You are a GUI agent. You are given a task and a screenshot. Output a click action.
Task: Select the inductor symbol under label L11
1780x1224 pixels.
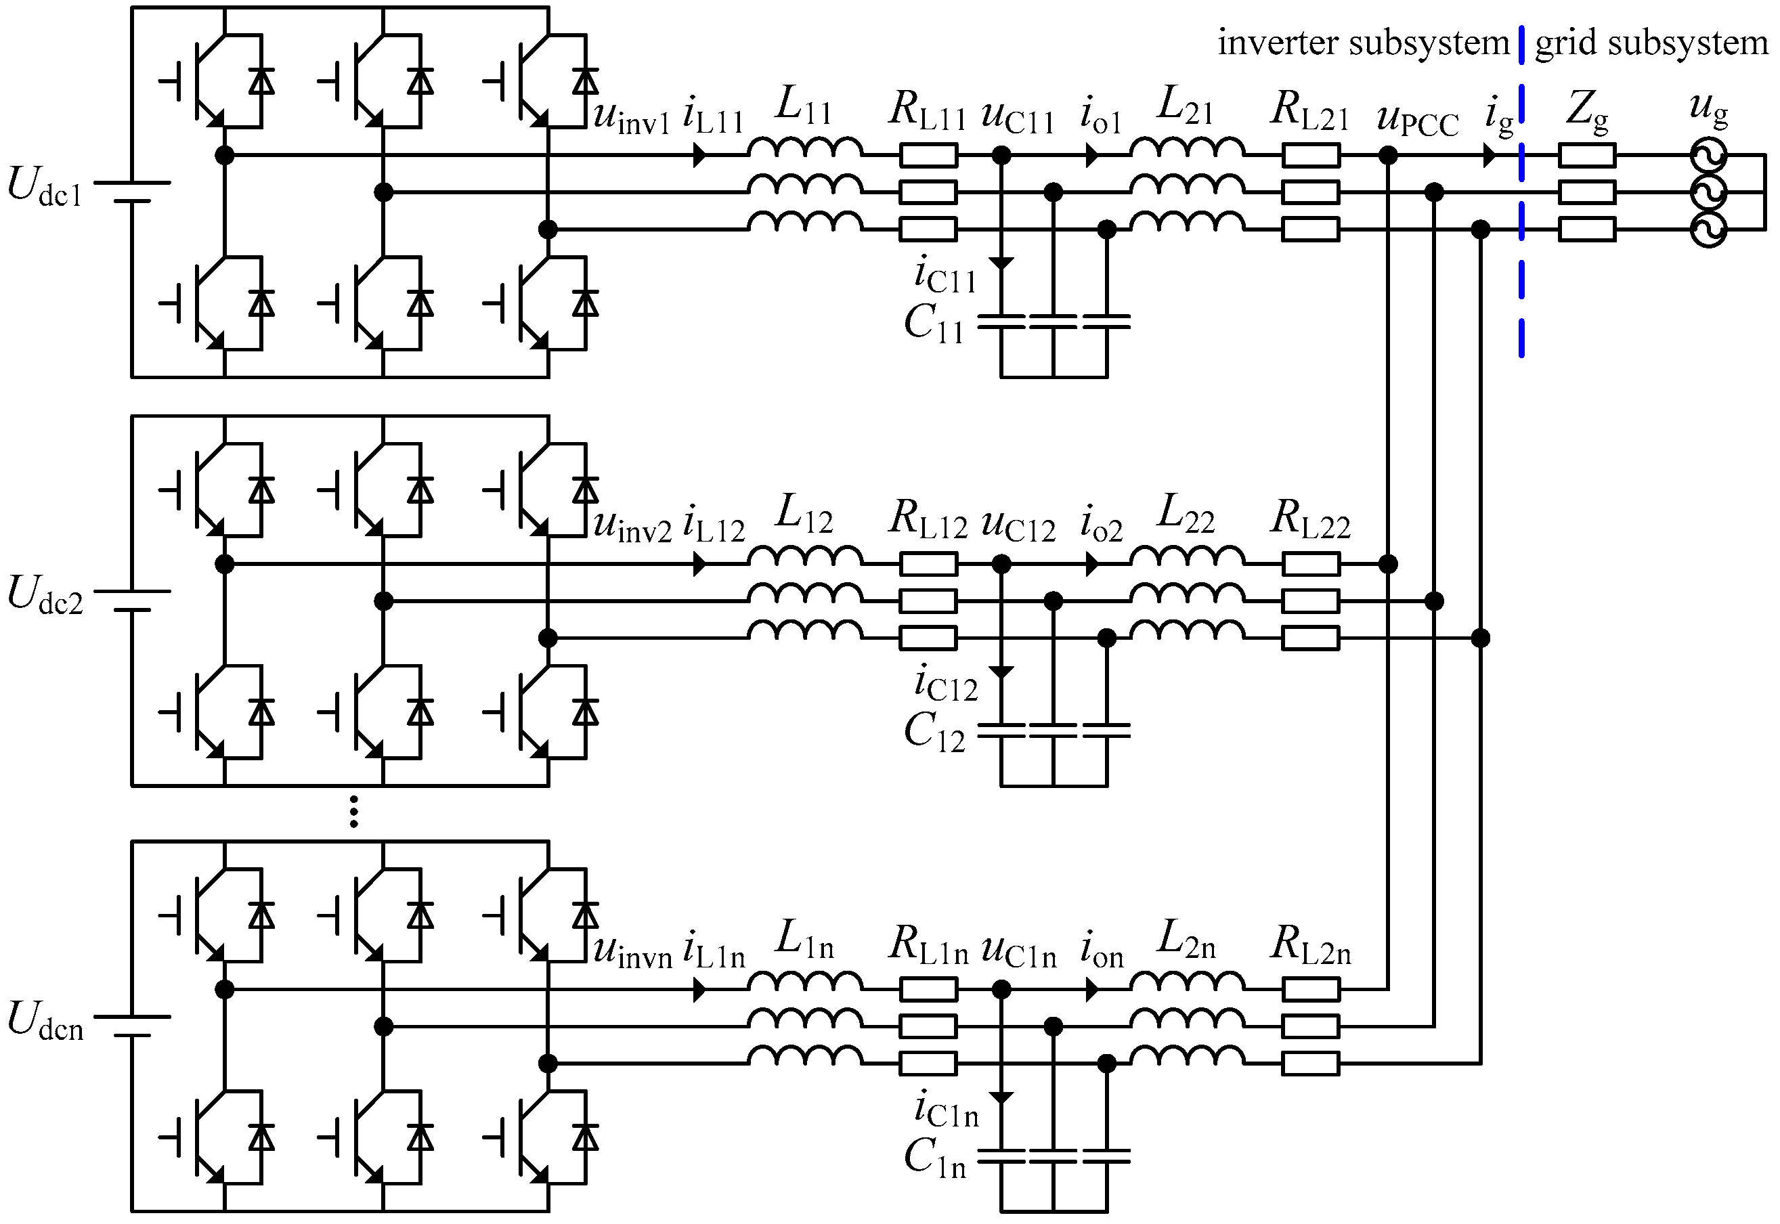804,148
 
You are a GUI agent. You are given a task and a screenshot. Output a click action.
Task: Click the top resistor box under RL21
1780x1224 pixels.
1311,156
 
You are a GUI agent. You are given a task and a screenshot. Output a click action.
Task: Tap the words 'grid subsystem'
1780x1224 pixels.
1651,43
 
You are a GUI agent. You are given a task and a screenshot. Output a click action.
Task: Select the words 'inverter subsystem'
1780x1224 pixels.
1363,43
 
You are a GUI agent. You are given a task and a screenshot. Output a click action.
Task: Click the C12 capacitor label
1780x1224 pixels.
933,732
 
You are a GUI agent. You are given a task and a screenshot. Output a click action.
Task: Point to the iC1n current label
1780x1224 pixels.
947,1110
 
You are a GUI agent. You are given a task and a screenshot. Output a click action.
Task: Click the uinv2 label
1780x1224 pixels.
632,526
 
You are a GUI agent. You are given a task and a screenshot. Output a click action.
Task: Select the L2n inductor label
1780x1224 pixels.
1186,940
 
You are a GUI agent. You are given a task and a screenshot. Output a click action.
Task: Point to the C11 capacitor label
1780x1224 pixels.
933,324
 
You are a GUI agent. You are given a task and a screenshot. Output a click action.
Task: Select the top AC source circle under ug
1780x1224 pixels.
1709,156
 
